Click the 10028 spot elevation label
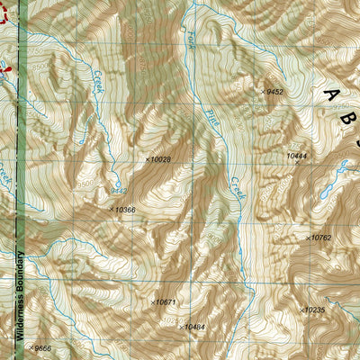[160, 159]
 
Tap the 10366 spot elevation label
[124, 210]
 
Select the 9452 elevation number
[274, 91]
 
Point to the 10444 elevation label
[297, 156]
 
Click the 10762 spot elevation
[321, 238]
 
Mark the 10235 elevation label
[314, 310]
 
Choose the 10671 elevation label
[166, 302]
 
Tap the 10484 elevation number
[194, 327]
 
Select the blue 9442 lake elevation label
[118, 191]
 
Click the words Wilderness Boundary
[17, 298]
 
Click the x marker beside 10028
[147, 159]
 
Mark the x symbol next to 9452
[263, 91]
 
